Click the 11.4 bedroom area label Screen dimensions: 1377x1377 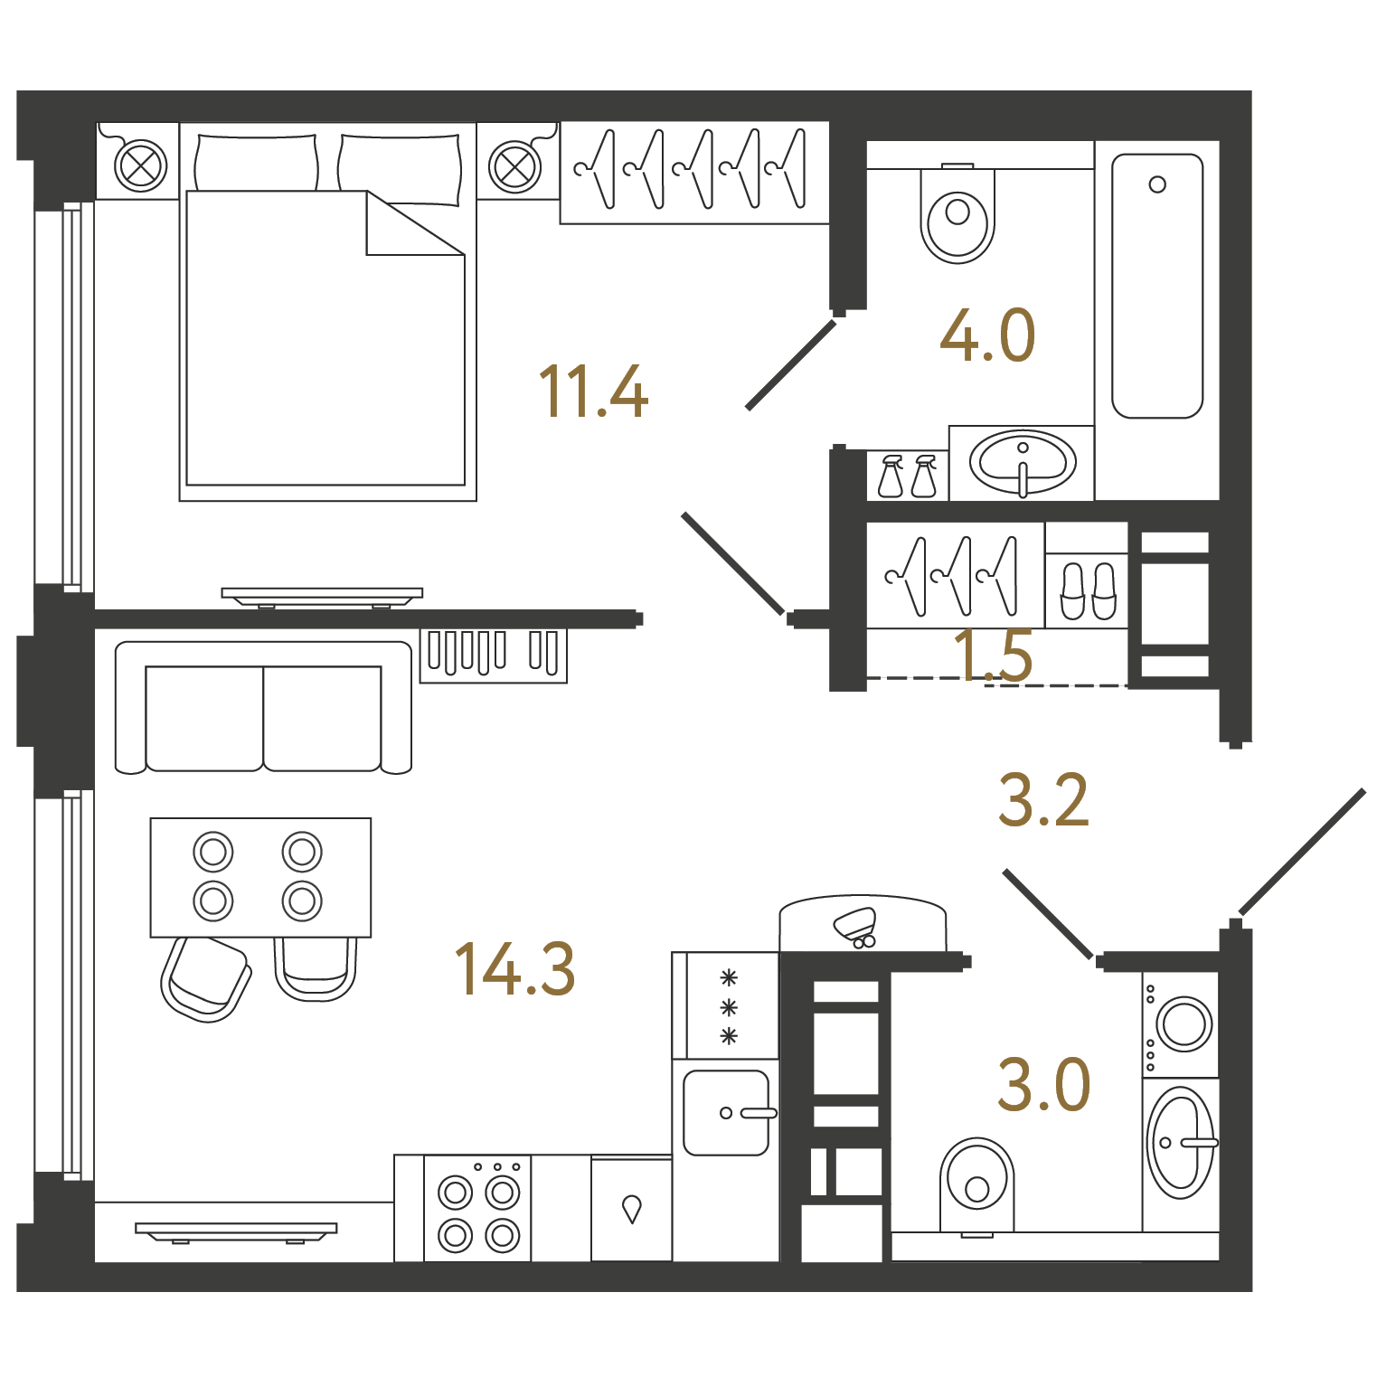click(x=593, y=391)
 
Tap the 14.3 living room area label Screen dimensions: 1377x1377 click(x=514, y=968)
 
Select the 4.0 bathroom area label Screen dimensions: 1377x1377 click(x=987, y=335)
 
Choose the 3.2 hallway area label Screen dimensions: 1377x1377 click(x=1043, y=800)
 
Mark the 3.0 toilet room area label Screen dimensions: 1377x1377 click(x=1043, y=1084)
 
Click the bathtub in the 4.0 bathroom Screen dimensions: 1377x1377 click(x=1157, y=286)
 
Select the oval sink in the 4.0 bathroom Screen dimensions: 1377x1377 click(x=1023, y=463)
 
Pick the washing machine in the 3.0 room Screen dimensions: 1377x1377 click(x=1181, y=1024)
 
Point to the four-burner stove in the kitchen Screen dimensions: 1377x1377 click(x=478, y=1208)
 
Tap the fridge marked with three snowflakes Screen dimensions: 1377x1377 click(x=726, y=1005)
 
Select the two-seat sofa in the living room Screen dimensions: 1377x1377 click(x=263, y=708)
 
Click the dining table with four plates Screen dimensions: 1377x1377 click(x=260, y=877)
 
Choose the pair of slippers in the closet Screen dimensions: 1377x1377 click(x=1088, y=591)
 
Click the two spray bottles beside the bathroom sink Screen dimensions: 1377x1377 click(x=908, y=476)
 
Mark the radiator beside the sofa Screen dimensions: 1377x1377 click(x=494, y=655)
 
